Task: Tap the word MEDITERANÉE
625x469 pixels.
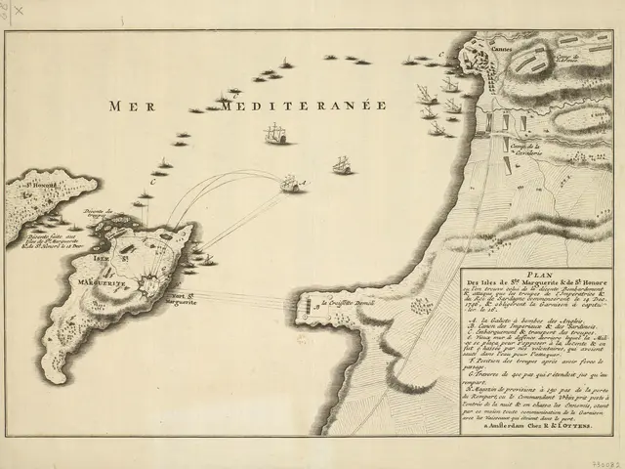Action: (x=304, y=106)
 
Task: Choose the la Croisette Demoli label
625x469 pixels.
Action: (x=347, y=302)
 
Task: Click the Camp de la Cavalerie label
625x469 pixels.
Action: (x=527, y=147)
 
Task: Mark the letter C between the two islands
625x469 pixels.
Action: (x=152, y=180)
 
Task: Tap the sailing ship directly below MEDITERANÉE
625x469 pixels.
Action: (x=276, y=134)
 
